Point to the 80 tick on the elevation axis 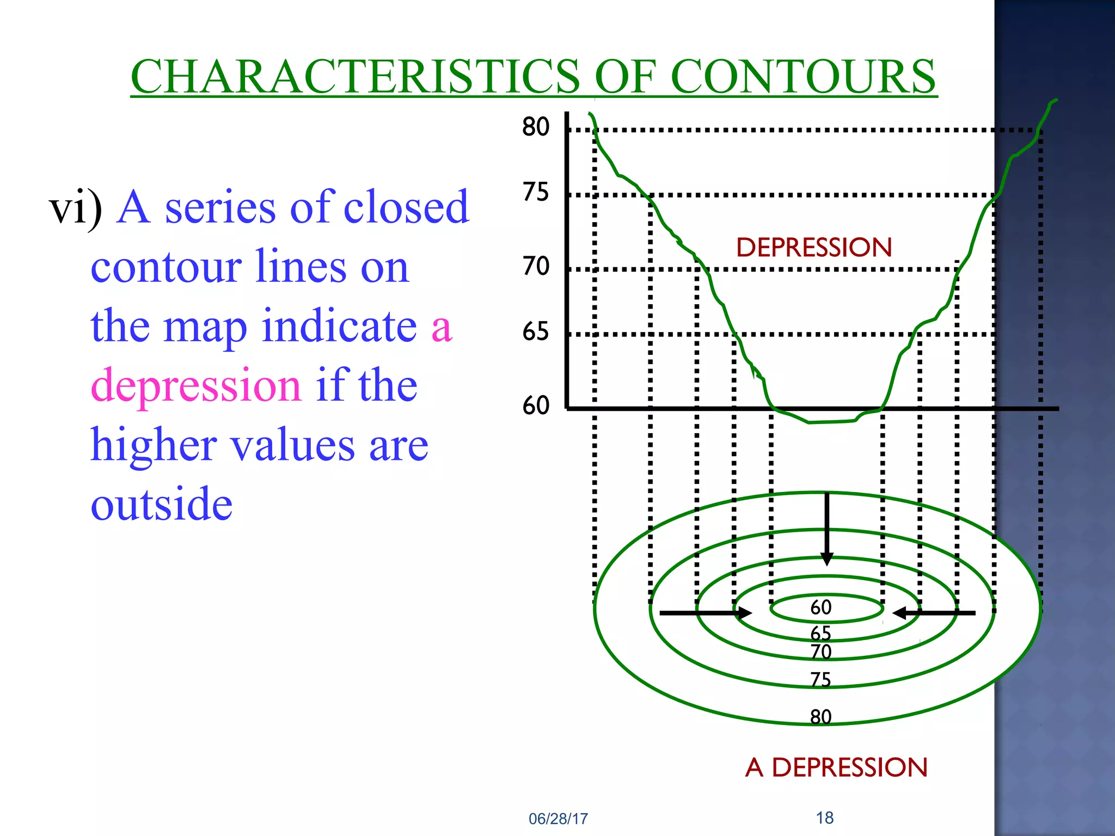click(536, 127)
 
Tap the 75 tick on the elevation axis click(536, 192)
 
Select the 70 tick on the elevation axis click(536, 267)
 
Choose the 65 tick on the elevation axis click(536, 331)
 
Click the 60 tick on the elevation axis click(536, 405)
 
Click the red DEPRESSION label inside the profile click(814, 248)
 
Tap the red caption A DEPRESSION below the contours click(836, 767)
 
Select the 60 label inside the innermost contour click(821, 607)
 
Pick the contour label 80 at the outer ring click(821, 717)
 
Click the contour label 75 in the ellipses click(821, 680)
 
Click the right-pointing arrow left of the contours click(706, 613)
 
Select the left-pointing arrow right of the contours click(934, 613)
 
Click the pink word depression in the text click(196, 385)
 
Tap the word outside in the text click(162, 503)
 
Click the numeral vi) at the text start click(76, 208)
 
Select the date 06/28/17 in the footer click(559, 819)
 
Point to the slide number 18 click(825, 817)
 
